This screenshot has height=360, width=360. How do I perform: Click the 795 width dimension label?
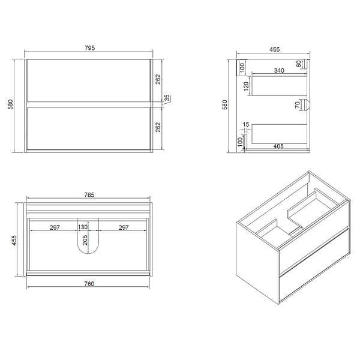point(89,48)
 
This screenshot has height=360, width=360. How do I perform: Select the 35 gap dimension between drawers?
point(167,98)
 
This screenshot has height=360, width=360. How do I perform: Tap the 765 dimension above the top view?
point(89,195)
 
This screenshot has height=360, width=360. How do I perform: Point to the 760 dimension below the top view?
point(89,284)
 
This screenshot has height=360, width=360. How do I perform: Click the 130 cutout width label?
point(83,227)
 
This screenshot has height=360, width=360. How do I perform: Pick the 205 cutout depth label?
point(85,240)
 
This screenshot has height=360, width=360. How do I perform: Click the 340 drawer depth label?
point(279,70)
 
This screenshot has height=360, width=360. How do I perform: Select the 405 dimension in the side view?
point(278,146)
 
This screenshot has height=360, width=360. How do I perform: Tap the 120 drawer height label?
point(246,86)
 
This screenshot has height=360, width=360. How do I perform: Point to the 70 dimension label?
point(298,105)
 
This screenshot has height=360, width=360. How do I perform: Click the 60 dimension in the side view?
point(299,64)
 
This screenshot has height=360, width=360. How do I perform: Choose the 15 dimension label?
point(246,124)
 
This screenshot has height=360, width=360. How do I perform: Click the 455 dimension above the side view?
point(274,49)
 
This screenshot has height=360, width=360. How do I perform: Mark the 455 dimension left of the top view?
point(14,240)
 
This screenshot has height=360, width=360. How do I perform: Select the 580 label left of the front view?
point(11,104)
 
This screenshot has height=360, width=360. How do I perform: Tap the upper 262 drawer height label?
point(158,79)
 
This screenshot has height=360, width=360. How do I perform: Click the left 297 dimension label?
point(55,227)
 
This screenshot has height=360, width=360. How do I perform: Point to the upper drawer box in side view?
point(280,86)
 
